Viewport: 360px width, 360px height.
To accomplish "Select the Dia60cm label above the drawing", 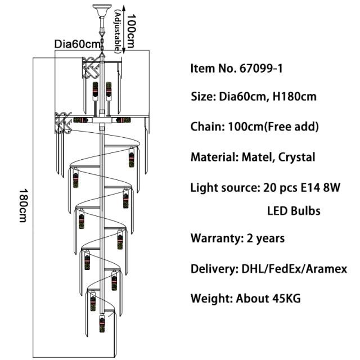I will (77, 44).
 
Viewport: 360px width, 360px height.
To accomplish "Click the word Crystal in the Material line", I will (296, 157).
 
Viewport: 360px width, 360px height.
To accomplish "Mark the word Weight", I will (211, 298).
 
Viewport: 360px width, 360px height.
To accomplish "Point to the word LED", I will (277, 211).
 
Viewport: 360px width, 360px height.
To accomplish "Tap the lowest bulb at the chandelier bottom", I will (102, 325).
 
